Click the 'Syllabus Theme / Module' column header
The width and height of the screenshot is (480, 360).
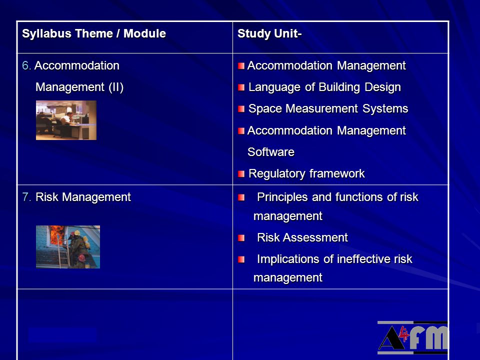(94, 33)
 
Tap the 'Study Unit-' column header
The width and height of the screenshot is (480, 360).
(269, 33)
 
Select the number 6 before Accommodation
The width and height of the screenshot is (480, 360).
(25, 65)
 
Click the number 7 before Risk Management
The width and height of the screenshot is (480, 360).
(26, 197)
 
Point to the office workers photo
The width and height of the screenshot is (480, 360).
(66, 120)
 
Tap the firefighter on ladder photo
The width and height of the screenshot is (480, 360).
(68, 247)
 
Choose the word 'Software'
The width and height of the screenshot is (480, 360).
(271, 152)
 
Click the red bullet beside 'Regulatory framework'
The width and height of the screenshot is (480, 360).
(241, 174)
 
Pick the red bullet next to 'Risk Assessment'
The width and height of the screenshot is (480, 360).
(241, 238)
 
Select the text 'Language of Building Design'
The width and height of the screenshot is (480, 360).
(324, 87)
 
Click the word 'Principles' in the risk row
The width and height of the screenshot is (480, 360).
(282, 197)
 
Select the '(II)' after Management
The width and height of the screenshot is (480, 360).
(116, 87)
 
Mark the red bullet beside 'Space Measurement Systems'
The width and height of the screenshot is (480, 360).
(241, 109)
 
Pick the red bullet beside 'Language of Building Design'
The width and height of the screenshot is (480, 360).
(241, 87)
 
